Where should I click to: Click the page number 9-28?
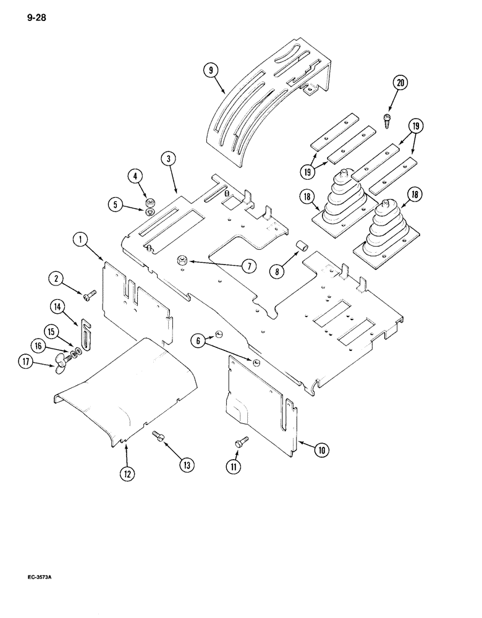click(36, 17)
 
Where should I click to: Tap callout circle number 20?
click(402, 83)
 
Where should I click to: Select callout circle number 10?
click(321, 450)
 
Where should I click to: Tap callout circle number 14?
click(57, 305)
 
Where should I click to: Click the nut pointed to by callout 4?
click(148, 203)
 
